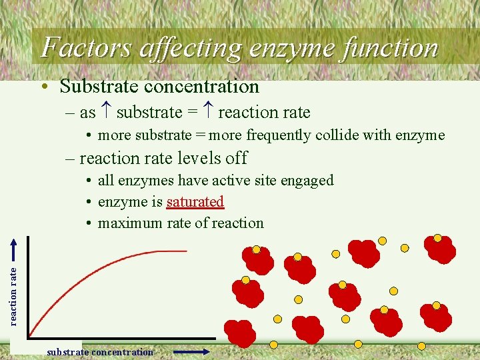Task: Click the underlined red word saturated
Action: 195,201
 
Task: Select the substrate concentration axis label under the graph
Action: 100,352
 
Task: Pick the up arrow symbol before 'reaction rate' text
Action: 208,113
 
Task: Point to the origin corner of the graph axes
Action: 29,337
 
